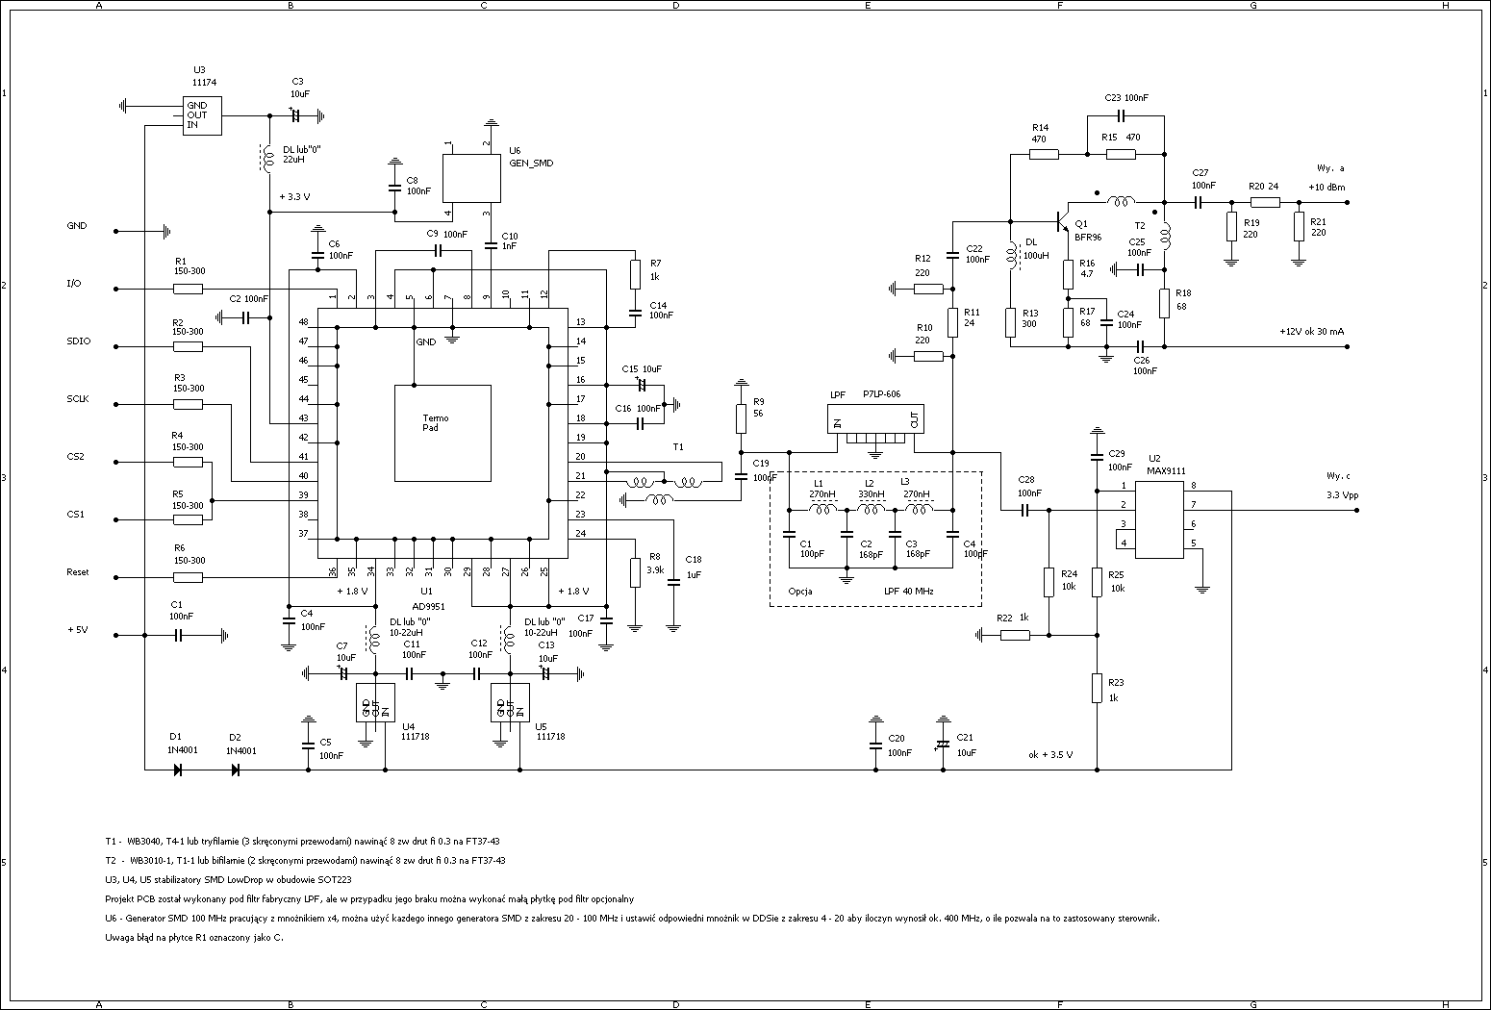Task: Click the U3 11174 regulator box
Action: (x=202, y=115)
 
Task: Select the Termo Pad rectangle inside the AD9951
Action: (x=442, y=433)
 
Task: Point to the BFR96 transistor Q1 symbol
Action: (x=1062, y=222)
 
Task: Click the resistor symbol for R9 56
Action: (x=741, y=418)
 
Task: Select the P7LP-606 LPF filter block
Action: (x=875, y=418)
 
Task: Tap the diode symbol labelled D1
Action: (x=178, y=770)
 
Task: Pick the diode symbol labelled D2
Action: (x=236, y=770)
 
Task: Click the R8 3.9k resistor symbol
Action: (x=635, y=572)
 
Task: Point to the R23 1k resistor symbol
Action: (x=1097, y=688)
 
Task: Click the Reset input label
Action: (x=77, y=572)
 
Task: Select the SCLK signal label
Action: (x=77, y=399)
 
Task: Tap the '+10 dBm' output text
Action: (x=1327, y=187)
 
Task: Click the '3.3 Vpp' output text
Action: (x=1338, y=494)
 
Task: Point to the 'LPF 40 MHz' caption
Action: (x=908, y=592)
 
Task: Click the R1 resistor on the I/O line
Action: (x=189, y=289)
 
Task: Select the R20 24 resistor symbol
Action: (x=1265, y=202)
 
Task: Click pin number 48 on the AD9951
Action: (x=303, y=322)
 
